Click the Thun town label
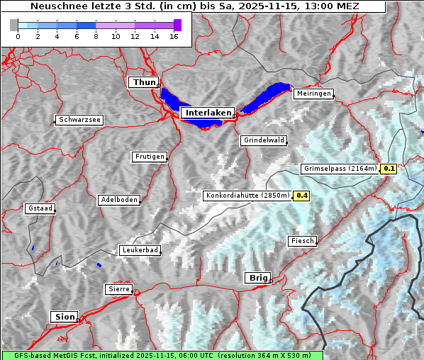tap(144, 83)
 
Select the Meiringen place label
tap(313, 94)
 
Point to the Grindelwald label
tap(264, 140)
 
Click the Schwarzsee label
tap(79, 120)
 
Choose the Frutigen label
tap(149, 157)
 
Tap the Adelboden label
tap(118, 200)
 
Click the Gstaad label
tap(40, 208)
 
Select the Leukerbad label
tap(140, 250)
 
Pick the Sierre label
tap(118, 289)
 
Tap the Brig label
tap(257, 278)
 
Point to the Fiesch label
tap(301, 241)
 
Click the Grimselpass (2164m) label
tap(340, 169)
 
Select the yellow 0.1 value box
tap(389, 169)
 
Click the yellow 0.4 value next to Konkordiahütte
tap(301, 196)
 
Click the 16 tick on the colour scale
tap(173, 36)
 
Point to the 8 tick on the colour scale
tap(96, 36)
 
